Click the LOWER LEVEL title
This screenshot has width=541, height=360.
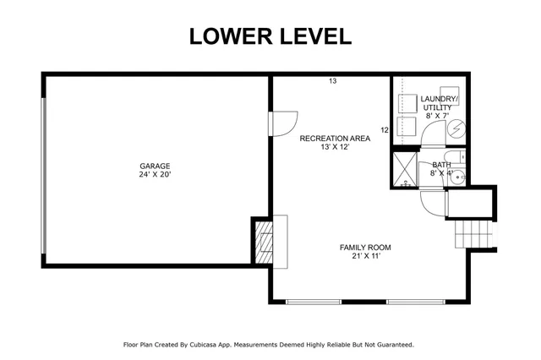pyautogui.click(x=270, y=35)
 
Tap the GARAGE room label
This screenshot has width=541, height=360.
pyautogui.click(x=156, y=166)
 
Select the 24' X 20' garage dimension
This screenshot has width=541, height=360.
pyautogui.click(x=156, y=176)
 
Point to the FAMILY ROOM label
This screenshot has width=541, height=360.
pyautogui.click(x=365, y=248)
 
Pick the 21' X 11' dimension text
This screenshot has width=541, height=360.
pyautogui.click(x=365, y=257)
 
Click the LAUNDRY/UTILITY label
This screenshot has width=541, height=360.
pyautogui.click(x=439, y=103)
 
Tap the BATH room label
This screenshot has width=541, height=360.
pyautogui.click(x=441, y=165)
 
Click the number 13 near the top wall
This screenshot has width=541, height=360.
pyautogui.click(x=333, y=82)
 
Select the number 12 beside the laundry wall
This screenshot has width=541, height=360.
pyautogui.click(x=385, y=130)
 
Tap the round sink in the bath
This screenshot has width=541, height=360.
pyautogui.click(x=458, y=178)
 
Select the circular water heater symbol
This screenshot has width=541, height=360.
pyautogui.click(x=456, y=128)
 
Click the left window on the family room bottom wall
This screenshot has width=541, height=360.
pyautogui.click(x=314, y=302)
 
